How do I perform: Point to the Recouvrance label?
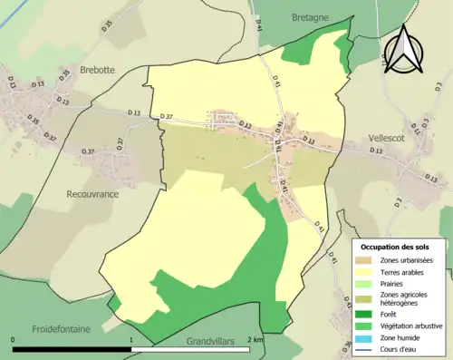point(93,193)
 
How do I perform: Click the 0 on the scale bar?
point(14,339)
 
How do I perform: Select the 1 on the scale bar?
point(132,339)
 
